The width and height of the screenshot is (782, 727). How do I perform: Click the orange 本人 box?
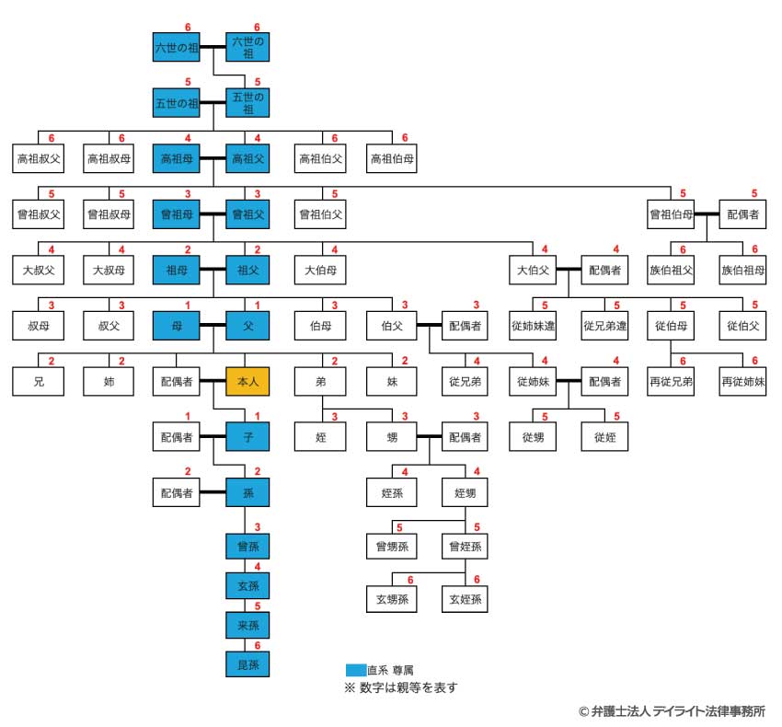coord(247,380)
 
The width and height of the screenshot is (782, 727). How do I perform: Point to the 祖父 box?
coord(247,271)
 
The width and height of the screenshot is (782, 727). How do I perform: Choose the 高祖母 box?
coord(177,158)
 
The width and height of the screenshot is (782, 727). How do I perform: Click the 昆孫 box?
coord(247,662)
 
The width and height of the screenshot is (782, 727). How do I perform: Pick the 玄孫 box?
coord(247,584)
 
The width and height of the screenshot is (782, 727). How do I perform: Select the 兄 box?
coord(38,380)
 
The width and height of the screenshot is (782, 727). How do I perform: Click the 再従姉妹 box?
coord(742,380)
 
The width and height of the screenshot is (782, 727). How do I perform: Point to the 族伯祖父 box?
coord(672,271)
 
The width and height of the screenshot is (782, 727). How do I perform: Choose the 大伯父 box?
coord(532,271)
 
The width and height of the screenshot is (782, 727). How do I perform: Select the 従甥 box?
coord(532,436)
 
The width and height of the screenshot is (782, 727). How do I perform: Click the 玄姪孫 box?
coord(464,599)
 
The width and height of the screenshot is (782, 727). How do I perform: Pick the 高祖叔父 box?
coord(38,158)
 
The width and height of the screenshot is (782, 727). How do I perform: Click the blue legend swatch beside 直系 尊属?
coord(355,670)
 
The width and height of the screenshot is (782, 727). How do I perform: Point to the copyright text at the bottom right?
coord(672,711)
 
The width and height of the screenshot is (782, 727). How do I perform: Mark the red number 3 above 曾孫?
coord(258,526)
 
